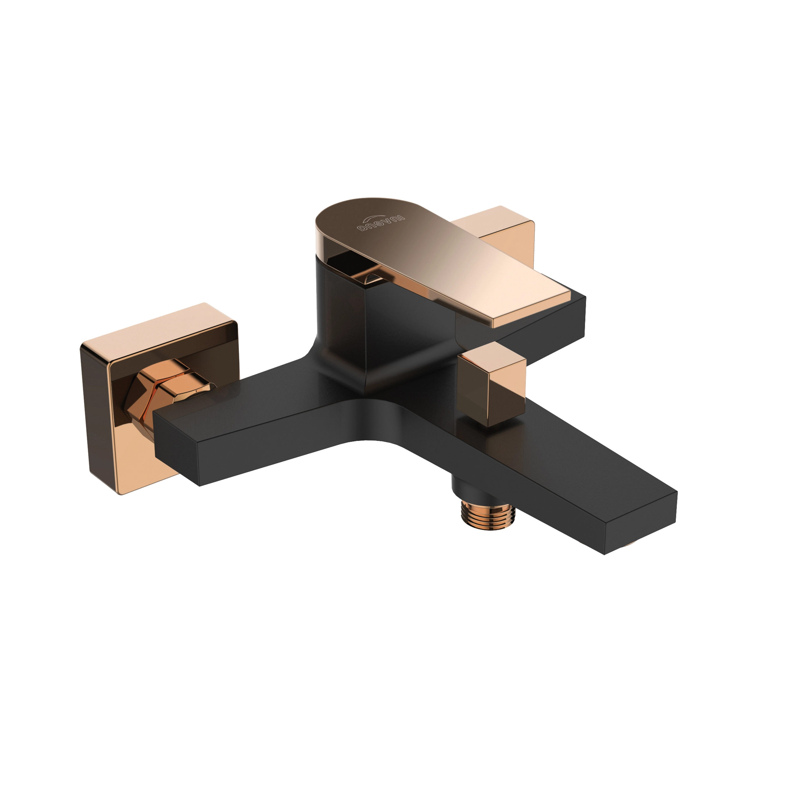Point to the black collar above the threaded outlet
[x=470, y=487]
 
